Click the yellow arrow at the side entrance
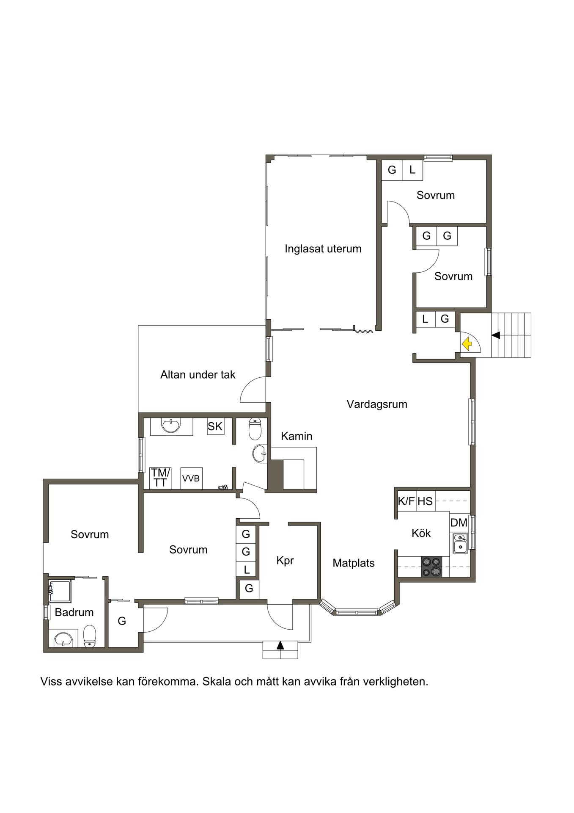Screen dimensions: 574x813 click(x=467, y=343)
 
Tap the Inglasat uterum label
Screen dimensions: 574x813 click(x=323, y=249)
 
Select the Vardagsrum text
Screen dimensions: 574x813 click(x=377, y=404)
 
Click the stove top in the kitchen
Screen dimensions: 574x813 click(x=432, y=567)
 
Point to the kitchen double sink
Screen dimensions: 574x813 click(x=460, y=543)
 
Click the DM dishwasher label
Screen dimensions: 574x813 click(x=459, y=523)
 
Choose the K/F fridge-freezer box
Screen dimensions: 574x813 click(x=406, y=501)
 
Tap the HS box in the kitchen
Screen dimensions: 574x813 click(x=425, y=501)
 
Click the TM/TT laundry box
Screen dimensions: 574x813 click(x=160, y=478)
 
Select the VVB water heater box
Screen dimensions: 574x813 click(x=191, y=478)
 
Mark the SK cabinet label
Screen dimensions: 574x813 click(x=215, y=426)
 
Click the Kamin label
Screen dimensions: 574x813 click(x=297, y=436)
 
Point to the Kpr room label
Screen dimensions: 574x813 click(x=285, y=561)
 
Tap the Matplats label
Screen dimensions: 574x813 click(x=354, y=563)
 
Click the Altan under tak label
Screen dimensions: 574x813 click(x=198, y=375)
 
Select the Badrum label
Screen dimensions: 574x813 click(x=74, y=612)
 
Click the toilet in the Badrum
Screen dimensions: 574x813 click(x=90, y=636)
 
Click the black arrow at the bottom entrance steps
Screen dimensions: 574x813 click(x=280, y=645)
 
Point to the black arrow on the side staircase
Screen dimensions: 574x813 click(x=496, y=335)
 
